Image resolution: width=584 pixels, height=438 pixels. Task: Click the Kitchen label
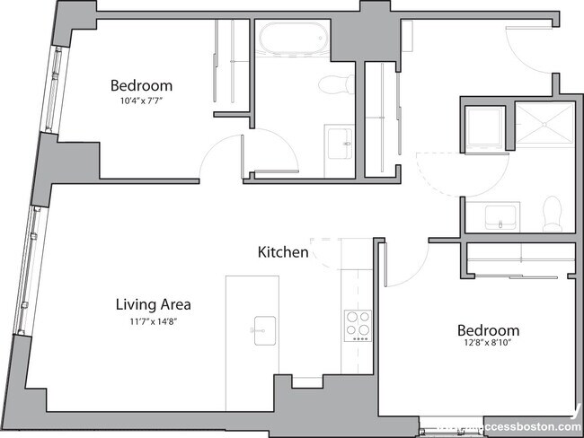(283, 252)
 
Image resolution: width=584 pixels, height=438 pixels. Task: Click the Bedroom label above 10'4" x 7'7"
(141, 86)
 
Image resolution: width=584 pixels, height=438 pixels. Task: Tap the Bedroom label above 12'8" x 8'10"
(488, 330)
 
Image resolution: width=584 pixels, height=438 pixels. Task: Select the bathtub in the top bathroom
(292, 39)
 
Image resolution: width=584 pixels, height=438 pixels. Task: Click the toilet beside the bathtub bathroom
(334, 84)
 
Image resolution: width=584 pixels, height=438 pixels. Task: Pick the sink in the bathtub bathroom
(341, 143)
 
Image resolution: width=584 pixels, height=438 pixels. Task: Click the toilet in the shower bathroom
(552, 212)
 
